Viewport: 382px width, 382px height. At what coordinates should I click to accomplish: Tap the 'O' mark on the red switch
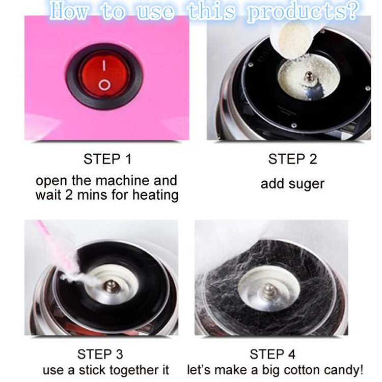(104, 85)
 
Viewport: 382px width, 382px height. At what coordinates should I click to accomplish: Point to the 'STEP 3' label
(100, 354)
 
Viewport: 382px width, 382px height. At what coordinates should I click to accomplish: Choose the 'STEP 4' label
(273, 354)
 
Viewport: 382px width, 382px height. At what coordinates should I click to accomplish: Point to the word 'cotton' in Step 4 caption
(304, 370)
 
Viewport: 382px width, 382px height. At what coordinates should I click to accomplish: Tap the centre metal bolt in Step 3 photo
(112, 287)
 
